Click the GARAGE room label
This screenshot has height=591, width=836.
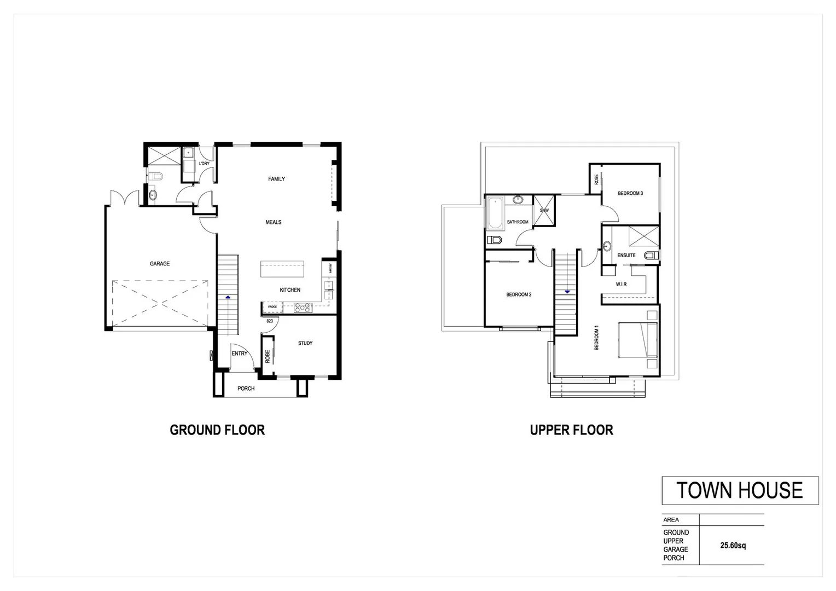[x=160, y=264]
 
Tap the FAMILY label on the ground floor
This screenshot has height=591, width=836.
[x=276, y=179]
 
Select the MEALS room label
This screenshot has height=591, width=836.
[x=274, y=222]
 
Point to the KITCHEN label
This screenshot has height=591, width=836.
[x=290, y=290]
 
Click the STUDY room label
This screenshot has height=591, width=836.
[x=305, y=343]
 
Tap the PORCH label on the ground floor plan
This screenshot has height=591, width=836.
[x=246, y=389]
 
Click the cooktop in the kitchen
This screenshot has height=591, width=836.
[x=303, y=308]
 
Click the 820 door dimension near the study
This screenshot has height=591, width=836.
[x=270, y=321]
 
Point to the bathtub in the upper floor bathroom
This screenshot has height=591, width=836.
[x=495, y=213]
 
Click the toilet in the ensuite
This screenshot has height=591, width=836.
[x=651, y=255]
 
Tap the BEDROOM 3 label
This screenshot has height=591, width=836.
[x=630, y=193]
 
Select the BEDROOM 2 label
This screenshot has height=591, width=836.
[x=519, y=294]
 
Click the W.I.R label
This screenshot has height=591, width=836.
[x=621, y=285]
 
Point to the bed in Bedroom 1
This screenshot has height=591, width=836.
[x=637, y=340]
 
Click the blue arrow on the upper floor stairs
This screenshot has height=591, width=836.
[x=567, y=292]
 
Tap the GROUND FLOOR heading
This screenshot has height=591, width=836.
[x=217, y=430]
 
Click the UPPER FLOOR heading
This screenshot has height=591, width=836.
[x=571, y=430]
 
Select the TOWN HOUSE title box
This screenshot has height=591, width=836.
[x=740, y=490]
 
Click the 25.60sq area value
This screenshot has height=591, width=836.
[x=733, y=546]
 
